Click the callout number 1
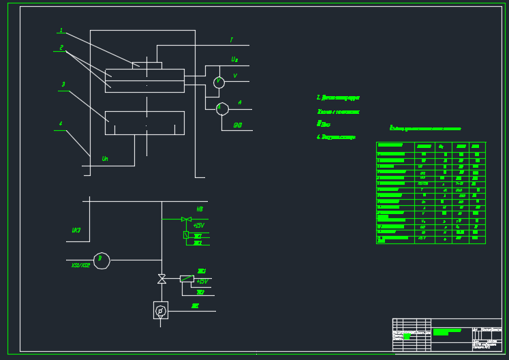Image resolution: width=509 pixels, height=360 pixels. (61, 31)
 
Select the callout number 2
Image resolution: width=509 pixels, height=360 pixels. (61, 48)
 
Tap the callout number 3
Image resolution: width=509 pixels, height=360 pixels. (63, 85)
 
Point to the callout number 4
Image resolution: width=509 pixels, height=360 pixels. (61, 124)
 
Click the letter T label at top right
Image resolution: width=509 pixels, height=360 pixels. (231, 40)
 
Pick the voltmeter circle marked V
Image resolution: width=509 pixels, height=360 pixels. (219, 82)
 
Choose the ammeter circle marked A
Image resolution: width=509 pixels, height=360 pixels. (222, 108)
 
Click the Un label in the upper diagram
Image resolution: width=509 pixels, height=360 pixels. (105, 159)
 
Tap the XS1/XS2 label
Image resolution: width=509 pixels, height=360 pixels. (80, 265)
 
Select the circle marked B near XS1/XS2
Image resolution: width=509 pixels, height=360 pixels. (102, 260)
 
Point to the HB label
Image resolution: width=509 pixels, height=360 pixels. (200, 209)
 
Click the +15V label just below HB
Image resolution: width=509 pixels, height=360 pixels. (199, 226)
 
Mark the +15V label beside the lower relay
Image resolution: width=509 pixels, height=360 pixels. (202, 282)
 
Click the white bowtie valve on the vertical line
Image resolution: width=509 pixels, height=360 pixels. (161, 279)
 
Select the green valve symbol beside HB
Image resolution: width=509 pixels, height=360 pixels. (186, 219)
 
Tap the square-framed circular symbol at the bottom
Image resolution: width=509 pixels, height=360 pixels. (161, 310)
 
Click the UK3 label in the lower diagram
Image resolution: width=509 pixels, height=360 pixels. (76, 230)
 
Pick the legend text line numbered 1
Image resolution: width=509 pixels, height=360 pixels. (338, 98)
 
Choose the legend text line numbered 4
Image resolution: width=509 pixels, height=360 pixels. (336, 137)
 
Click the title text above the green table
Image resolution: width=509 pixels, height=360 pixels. (425, 128)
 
